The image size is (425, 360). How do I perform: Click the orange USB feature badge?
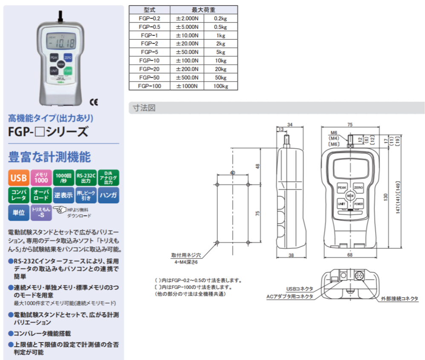[x=19, y=178]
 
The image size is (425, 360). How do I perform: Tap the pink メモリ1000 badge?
[x=41, y=178]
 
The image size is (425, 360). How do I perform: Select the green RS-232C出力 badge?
[x=86, y=178]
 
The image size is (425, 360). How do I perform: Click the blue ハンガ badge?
[x=108, y=196]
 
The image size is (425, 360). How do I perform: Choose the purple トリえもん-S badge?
[x=41, y=213]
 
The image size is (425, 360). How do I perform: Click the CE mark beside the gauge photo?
[x=94, y=102]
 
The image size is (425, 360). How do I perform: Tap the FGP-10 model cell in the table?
[x=149, y=60]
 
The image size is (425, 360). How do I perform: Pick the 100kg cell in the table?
[x=220, y=86]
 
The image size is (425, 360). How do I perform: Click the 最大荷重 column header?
[x=204, y=9]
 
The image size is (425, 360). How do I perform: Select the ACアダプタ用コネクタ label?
[x=289, y=296]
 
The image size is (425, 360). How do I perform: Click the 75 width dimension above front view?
[x=350, y=125]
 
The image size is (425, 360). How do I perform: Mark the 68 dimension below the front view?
[x=350, y=255]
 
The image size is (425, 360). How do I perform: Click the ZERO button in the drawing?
[x=358, y=187]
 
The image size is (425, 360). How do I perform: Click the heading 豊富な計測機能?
[x=49, y=157]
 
